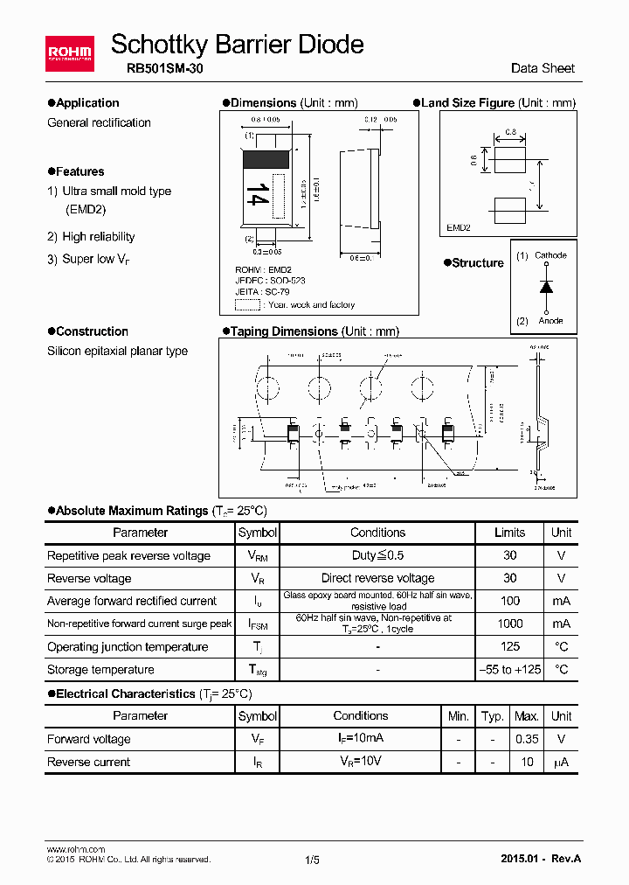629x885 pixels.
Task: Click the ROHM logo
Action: pos(69,53)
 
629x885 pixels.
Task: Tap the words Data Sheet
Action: pos(543,69)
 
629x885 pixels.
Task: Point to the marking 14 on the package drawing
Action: pos(256,194)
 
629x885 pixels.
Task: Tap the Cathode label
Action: pos(550,255)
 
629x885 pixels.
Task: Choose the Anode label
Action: pos(550,321)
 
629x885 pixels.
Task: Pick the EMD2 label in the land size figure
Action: pos(459,227)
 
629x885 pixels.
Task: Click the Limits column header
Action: pos(509,533)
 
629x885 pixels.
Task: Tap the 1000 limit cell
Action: pos(509,624)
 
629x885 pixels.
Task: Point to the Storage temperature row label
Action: pos(100,670)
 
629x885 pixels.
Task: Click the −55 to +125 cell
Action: pos(509,670)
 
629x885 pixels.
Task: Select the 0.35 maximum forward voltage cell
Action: pos(526,739)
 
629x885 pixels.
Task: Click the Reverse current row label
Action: pos(88,762)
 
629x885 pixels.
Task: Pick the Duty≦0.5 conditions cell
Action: pos(377,555)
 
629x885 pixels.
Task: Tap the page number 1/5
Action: pos(313,860)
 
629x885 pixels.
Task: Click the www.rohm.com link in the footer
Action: pos(75,849)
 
